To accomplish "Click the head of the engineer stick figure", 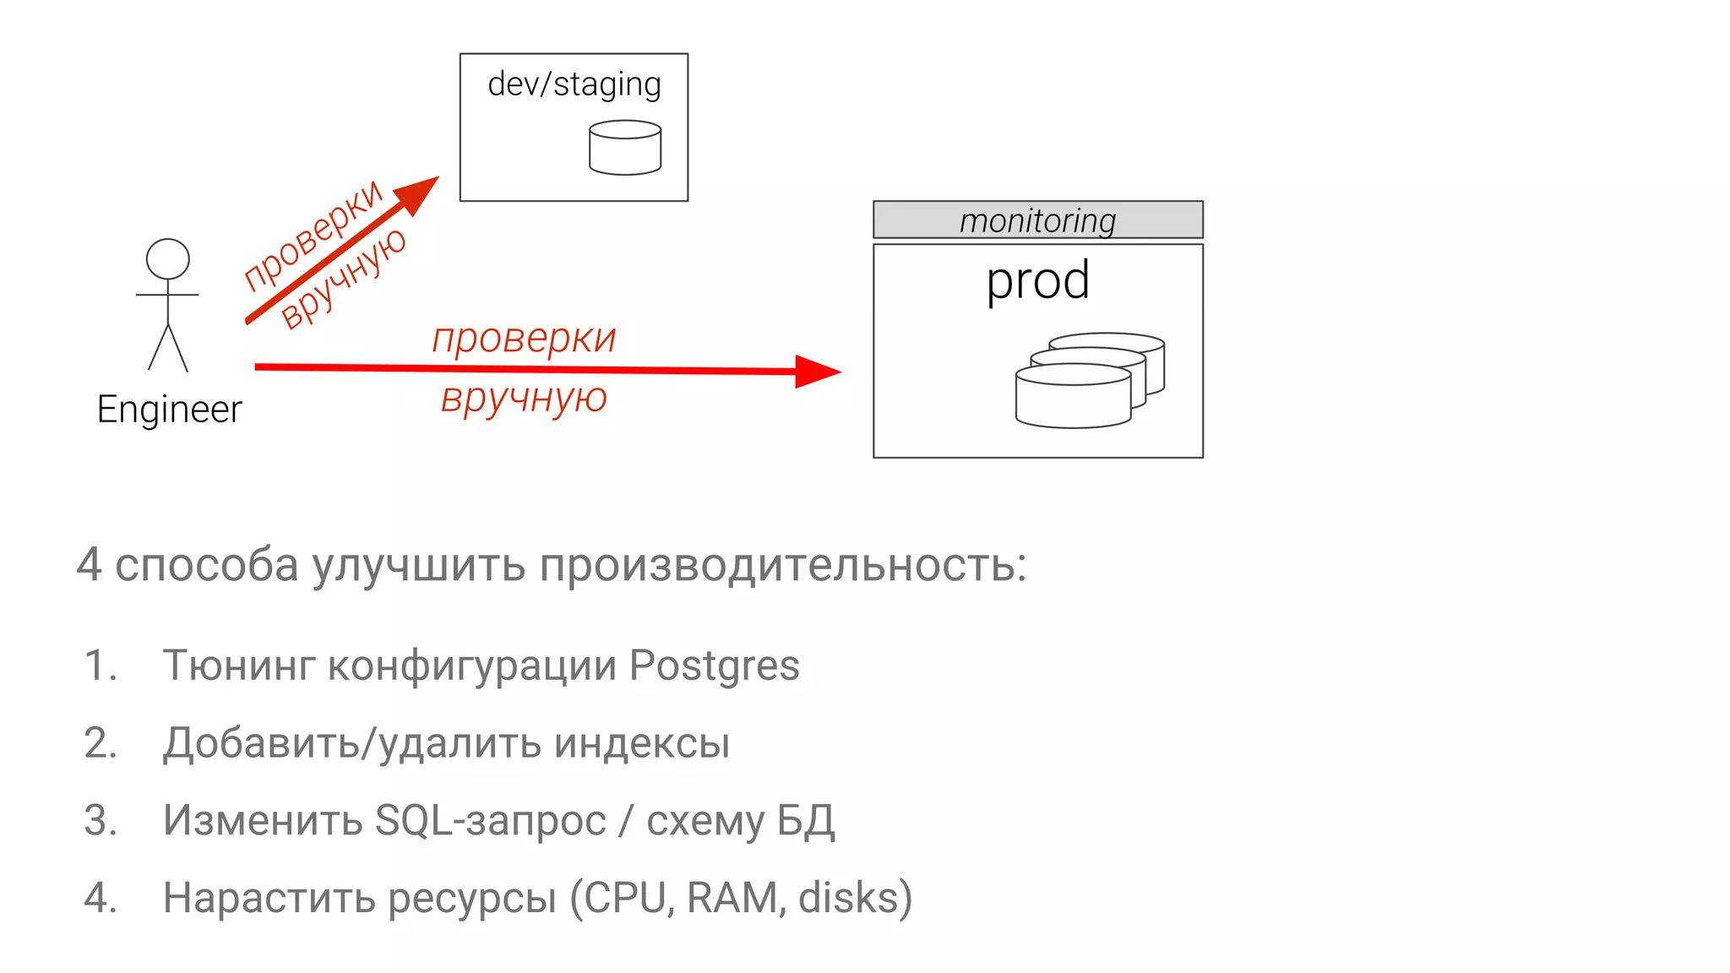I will pos(167,259).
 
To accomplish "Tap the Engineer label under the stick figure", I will pos(169,410).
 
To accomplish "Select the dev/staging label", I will pos(574,84).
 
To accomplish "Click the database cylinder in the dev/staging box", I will pos(625,148).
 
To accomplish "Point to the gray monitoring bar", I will pos(1037,220).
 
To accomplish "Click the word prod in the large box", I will pos(1037,280).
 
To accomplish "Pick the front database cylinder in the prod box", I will pos(1073,396).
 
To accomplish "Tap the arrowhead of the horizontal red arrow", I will pos(817,372).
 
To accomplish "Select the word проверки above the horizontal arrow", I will pos(524,339).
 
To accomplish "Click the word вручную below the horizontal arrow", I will pos(524,398).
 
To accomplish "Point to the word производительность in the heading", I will pos(781,565).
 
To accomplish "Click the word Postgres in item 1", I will pos(714,666).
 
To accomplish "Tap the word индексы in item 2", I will pos(642,744).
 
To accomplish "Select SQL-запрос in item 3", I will pos(490,821).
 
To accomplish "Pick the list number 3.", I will pos(101,821).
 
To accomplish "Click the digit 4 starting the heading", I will pos(89,565).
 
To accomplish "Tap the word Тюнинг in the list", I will pos(238,666).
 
